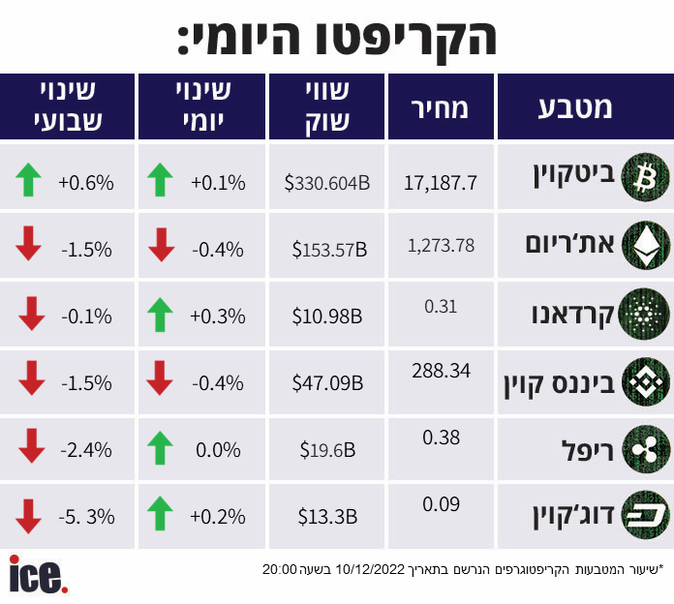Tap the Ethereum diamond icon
coord(644,246)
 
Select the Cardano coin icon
coord(644,314)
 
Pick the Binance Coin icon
coord(644,381)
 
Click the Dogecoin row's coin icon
coord(644,515)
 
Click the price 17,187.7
coord(442,182)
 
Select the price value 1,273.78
coord(442,245)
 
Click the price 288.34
coord(442,370)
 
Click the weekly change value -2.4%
coord(86,450)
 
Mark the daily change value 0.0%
coord(218,450)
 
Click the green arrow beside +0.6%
coord(29,179)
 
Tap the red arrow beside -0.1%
coord(29,315)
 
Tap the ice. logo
coord(38,575)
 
